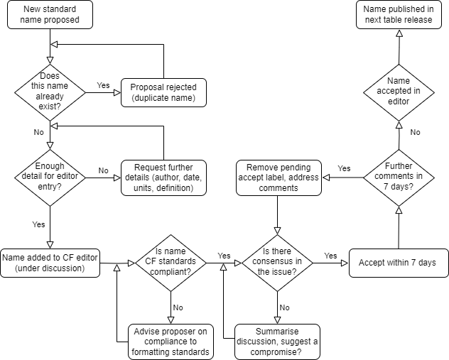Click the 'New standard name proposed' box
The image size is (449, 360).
pos(50,15)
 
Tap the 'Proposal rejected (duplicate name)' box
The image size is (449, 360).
pos(163,92)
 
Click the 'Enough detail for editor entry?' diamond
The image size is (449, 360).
pos(49,177)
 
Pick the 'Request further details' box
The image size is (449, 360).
pos(163,177)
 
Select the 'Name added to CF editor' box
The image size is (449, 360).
pos(50,263)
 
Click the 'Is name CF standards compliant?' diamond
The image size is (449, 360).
pos(171,263)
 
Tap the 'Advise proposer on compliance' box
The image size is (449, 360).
pos(171,342)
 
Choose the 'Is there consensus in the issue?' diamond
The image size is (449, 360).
pos(277,263)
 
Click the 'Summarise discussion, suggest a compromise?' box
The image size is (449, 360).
pos(277,342)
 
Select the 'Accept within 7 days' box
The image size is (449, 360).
pos(399,263)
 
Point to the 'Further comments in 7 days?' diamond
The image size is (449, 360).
pos(399,176)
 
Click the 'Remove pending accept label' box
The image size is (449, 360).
pos(278,177)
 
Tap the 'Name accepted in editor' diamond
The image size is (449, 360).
pos(399,91)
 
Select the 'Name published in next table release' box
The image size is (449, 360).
pos(399,15)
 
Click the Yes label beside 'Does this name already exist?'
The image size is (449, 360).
pos(103,85)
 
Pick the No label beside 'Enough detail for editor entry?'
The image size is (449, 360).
pos(103,170)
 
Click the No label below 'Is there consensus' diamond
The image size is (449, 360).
pos(284,307)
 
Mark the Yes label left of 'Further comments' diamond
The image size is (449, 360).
pos(344,168)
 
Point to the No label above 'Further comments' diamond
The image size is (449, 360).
pos(415,132)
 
